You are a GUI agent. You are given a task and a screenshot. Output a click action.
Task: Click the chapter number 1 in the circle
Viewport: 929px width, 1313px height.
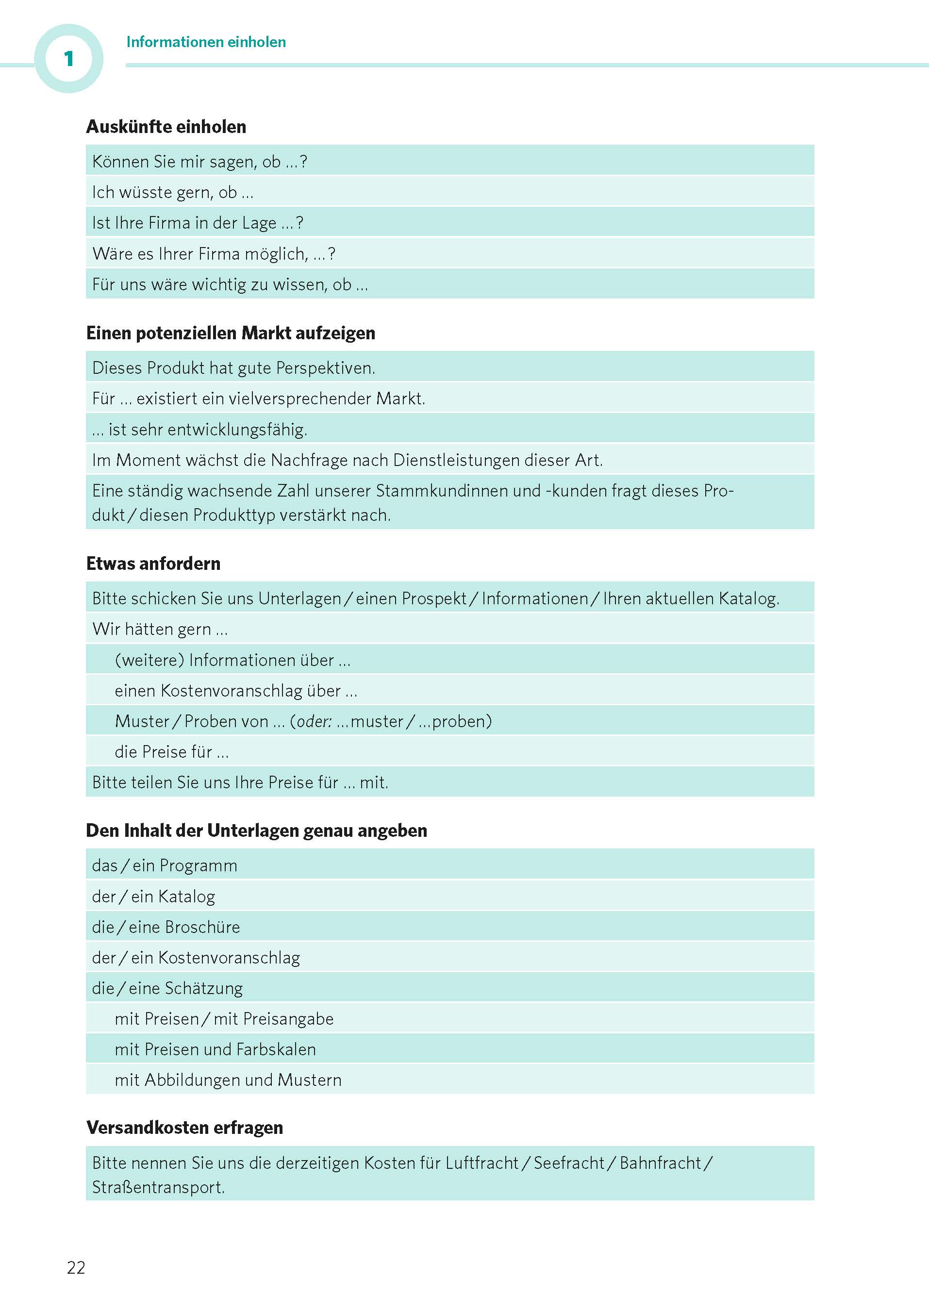pos(68,58)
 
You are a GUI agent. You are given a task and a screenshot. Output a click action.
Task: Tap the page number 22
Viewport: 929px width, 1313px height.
pos(76,1267)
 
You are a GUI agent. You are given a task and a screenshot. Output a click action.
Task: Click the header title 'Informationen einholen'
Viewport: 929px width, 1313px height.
pos(206,42)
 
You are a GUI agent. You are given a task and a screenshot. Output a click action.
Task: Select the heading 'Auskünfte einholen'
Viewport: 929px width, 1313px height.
pos(166,126)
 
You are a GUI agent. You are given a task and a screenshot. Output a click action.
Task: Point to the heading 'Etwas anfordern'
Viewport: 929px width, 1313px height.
pos(153,564)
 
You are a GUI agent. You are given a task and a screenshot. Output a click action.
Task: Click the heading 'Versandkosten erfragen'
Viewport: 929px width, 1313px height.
pos(185,1127)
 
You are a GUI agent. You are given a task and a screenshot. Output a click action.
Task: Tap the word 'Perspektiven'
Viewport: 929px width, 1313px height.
pos(324,368)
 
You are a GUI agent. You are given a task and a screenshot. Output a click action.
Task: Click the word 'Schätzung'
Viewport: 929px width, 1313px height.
pos(204,988)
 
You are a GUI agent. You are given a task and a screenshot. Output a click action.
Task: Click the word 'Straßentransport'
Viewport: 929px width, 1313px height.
pos(157,1187)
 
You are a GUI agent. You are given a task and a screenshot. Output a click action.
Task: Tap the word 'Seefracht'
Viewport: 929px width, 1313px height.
pos(569,1163)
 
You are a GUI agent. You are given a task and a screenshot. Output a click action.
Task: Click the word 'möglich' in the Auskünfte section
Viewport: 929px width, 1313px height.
pos(276,253)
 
